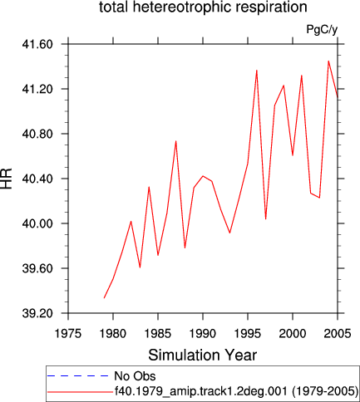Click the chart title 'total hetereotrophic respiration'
point(203,7)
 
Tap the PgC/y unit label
point(322,30)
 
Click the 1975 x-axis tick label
point(68,334)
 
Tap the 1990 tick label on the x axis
point(203,334)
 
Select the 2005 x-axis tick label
point(338,334)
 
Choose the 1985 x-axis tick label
point(158,334)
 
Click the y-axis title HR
point(7,179)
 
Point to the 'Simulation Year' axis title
point(203,355)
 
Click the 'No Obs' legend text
point(135,376)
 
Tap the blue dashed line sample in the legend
point(77,376)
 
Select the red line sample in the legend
point(81,392)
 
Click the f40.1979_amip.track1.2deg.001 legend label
point(201,391)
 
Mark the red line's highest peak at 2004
point(328,61)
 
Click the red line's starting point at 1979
point(104,298)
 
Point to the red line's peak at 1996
point(257,71)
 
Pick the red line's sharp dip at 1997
point(266,219)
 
